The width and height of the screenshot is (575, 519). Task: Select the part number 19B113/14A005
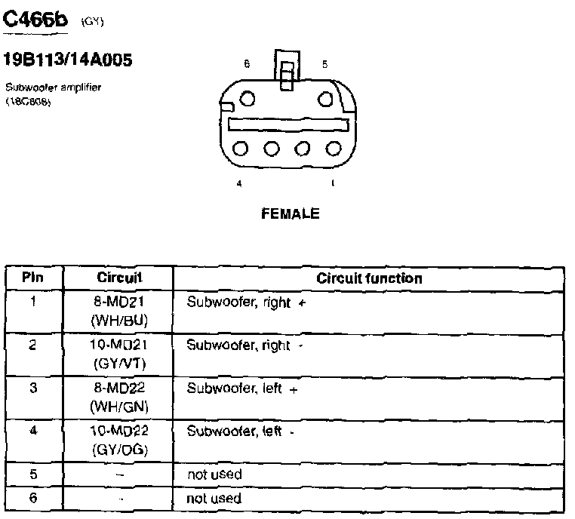(68, 60)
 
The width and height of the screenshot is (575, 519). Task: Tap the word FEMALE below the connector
(290, 213)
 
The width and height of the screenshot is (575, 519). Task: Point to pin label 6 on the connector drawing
(246, 65)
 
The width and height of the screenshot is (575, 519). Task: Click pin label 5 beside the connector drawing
(324, 65)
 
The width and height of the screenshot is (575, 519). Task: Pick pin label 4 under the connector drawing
(238, 183)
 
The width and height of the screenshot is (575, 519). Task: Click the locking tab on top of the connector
(286, 72)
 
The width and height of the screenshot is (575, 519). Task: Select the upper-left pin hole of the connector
(247, 99)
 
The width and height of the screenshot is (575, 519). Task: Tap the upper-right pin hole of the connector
(324, 99)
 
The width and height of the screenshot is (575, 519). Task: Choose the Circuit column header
(119, 278)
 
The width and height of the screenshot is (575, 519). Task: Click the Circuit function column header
(369, 278)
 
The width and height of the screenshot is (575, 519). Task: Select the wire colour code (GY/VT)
(119, 364)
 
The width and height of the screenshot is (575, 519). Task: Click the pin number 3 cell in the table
(32, 388)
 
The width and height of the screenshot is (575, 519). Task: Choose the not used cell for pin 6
(214, 499)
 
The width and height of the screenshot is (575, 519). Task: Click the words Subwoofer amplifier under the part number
(53, 88)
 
